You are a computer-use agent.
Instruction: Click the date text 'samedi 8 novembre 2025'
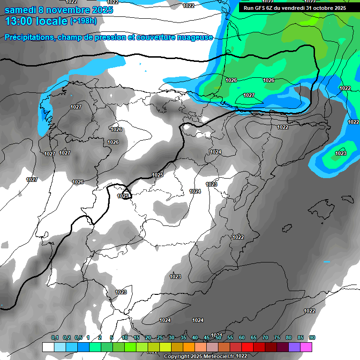click(x=59, y=10)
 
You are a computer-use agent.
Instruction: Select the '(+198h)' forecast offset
click(x=83, y=21)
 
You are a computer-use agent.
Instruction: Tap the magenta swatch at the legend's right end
click(x=306, y=347)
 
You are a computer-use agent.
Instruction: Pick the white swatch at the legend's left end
click(x=48, y=347)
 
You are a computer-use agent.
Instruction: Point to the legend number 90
click(x=312, y=337)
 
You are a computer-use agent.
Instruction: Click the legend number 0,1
click(x=55, y=337)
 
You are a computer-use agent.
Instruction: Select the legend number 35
click(x=183, y=337)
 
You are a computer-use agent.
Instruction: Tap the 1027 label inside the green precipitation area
click(x=249, y=95)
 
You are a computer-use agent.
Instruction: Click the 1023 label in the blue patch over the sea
click(x=341, y=153)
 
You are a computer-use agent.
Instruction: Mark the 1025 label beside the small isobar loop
click(x=123, y=196)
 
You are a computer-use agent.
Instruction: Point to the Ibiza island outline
click(x=286, y=228)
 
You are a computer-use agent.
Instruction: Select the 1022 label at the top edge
click(x=188, y=6)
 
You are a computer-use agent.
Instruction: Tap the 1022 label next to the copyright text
click(x=242, y=356)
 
